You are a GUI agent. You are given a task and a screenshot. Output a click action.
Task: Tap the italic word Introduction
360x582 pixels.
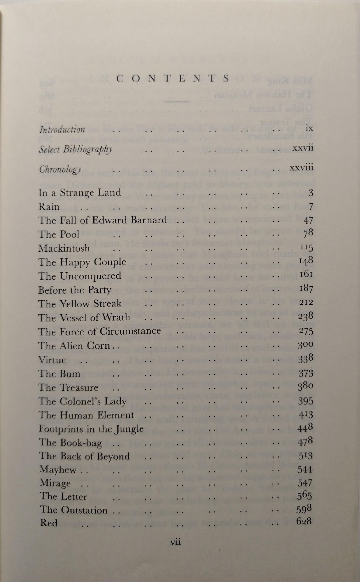[x=62, y=129]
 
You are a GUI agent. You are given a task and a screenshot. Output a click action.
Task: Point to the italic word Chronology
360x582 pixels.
[x=60, y=170]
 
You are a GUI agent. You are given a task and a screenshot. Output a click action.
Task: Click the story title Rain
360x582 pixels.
[x=49, y=207]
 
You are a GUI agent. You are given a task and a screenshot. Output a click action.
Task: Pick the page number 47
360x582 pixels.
[x=308, y=220]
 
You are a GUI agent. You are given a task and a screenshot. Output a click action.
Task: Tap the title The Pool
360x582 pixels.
[x=59, y=234]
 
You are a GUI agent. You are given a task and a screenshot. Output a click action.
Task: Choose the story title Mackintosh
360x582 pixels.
[x=64, y=248]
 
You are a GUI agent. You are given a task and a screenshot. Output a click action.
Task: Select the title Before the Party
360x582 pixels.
[x=75, y=290]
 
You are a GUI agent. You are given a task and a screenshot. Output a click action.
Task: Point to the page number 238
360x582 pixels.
[x=306, y=317]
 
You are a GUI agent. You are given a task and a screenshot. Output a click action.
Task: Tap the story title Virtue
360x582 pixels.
[x=52, y=360]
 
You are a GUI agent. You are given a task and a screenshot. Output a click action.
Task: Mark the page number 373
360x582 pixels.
[x=306, y=373]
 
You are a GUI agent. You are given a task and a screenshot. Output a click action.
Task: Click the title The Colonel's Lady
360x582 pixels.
[x=83, y=402]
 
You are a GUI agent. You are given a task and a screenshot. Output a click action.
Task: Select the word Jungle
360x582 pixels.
[x=133, y=429]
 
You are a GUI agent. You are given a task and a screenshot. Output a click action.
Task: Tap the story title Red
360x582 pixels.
[x=49, y=522]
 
